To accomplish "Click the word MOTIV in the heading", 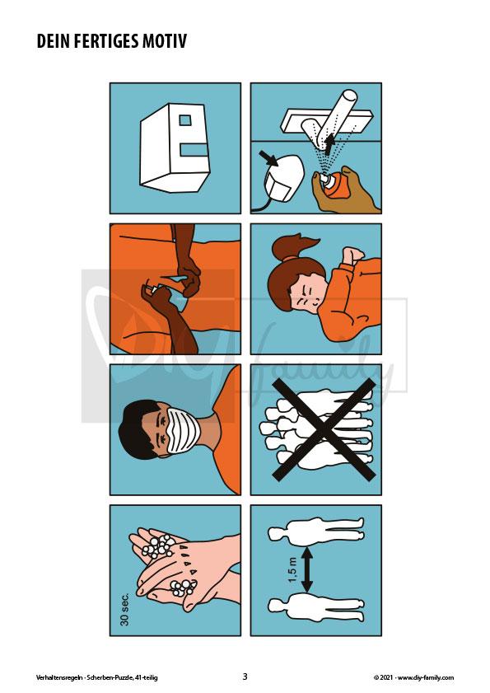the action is tap(165, 41).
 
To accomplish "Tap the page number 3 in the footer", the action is tap(245, 677).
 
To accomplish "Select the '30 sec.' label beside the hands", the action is tap(125, 609).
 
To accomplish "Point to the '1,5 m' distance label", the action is tap(293, 569).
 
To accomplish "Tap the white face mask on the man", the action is tap(182, 430).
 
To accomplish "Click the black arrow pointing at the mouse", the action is tap(268, 158).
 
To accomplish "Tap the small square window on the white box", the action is tap(185, 120).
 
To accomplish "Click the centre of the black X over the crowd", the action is tap(324, 429).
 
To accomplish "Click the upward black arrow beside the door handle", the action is tap(329, 145).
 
